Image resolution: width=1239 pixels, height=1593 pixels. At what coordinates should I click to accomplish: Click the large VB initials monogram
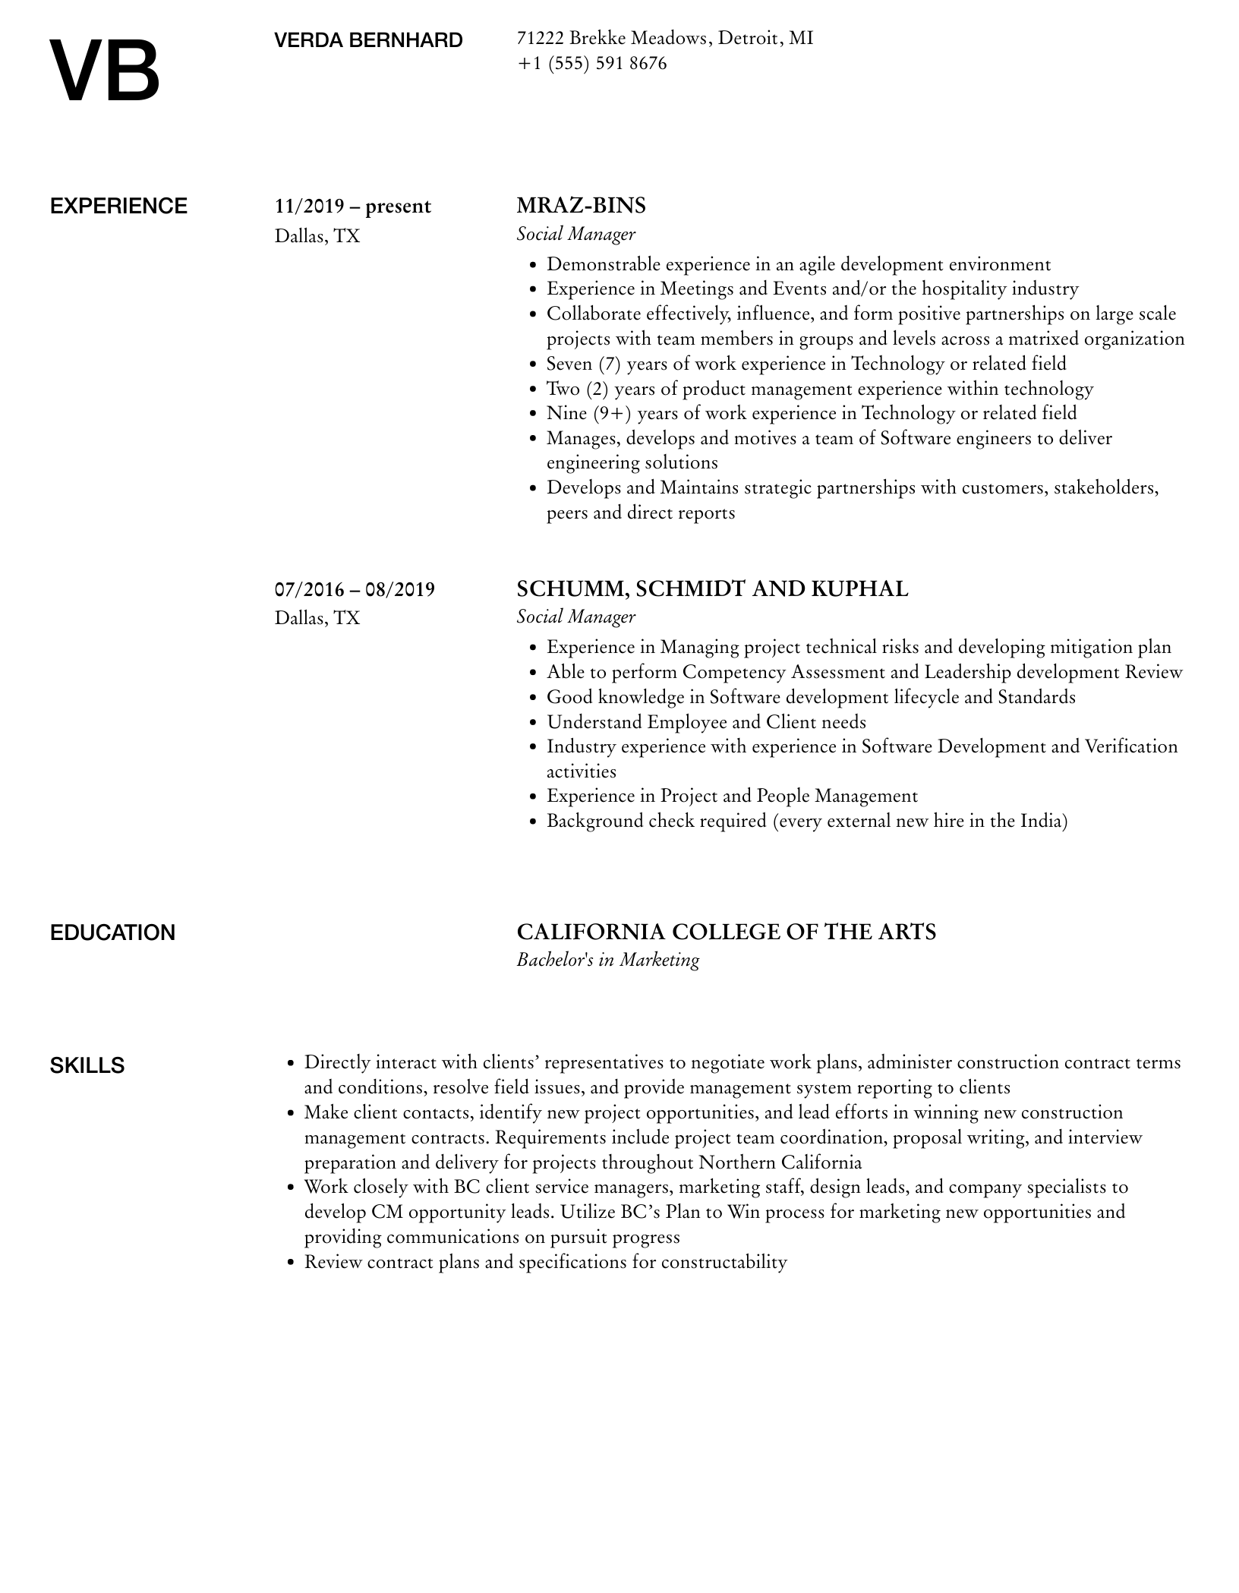(105, 71)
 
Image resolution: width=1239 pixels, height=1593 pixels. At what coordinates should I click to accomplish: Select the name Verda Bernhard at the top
(368, 40)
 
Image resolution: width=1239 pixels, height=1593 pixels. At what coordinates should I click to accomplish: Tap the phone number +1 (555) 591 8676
(591, 64)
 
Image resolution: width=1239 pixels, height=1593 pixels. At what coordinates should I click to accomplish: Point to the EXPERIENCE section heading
(118, 207)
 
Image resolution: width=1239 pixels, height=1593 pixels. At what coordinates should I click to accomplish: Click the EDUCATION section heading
(112, 932)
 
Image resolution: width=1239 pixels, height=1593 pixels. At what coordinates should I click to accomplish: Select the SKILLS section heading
(87, 1065)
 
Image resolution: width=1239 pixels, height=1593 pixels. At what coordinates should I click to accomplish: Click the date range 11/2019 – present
(352, 207)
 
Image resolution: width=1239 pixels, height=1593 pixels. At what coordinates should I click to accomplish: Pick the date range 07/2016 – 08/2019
(355, 589)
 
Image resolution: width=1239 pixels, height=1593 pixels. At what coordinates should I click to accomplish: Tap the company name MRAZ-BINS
(581, 206)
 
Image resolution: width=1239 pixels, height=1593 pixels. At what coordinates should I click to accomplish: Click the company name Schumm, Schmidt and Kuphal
(711, 589)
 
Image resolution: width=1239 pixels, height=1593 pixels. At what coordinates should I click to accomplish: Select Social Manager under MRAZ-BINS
(575, 234)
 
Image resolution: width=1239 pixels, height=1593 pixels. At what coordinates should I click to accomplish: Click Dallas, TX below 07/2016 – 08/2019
(317, 618)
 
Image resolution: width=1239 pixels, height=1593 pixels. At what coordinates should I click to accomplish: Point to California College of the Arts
(726, 932)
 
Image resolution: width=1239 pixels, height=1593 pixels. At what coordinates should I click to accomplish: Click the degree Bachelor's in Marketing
(607, 960)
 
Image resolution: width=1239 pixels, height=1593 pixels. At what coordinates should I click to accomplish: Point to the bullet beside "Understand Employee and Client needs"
(532, 723)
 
